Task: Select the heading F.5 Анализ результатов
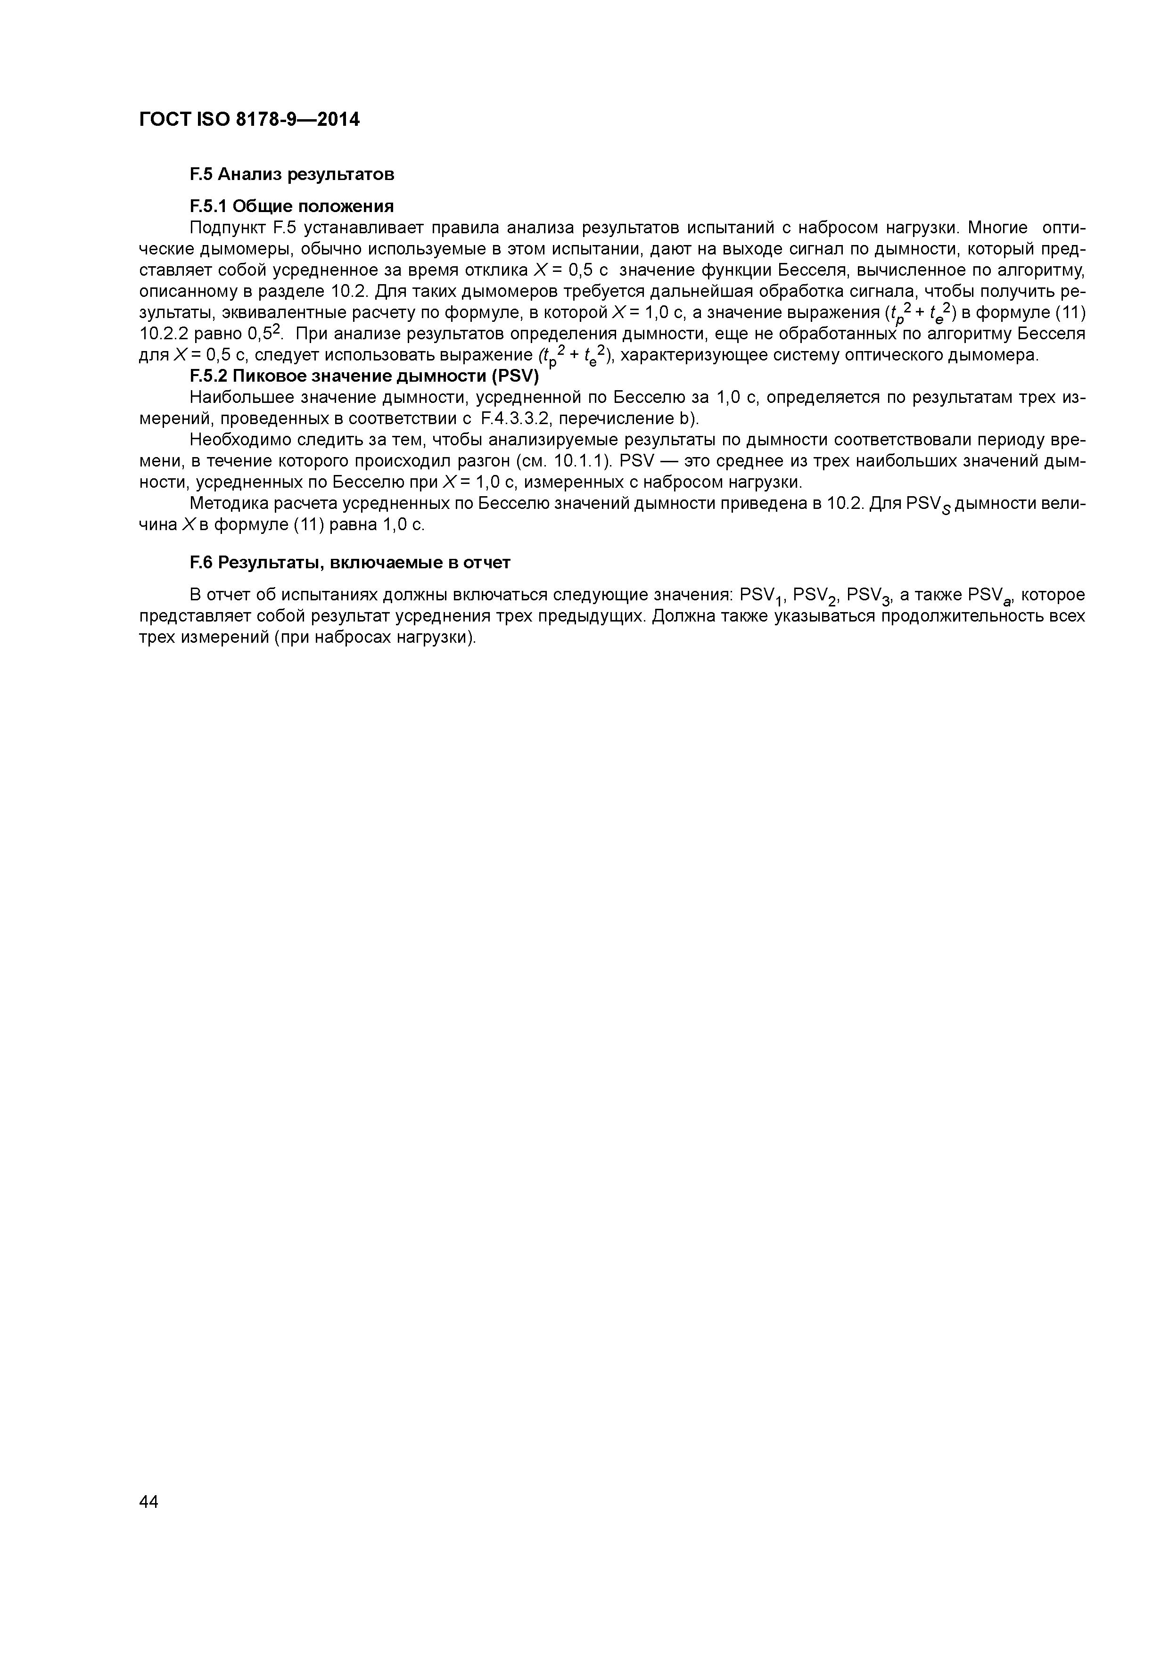click(292, 174)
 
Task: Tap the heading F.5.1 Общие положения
click(292, 206)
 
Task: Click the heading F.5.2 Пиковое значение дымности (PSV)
click(364, 376)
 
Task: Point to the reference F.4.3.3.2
click(519, 418)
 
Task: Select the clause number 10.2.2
click(164, 334)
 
